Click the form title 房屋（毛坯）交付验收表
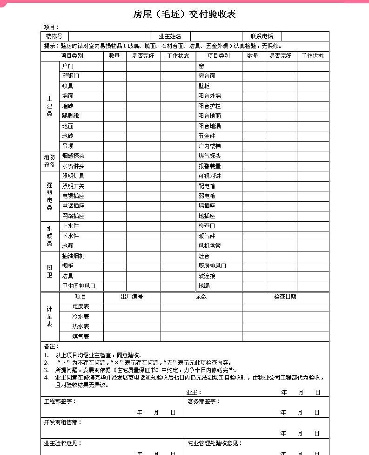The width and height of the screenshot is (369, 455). pyautogui.click(x=184, y=14)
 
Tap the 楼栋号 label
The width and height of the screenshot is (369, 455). pyautogui.click(x=54, y=36)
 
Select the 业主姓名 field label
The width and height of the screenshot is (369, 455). pyautogui.click(x=170, y=36)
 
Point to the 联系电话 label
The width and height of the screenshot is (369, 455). pyautogui.click(x=262, y=36)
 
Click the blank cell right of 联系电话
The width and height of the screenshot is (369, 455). pyautogui.click(x=305, y=36)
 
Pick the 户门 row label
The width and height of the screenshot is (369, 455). pyautogui.click(x=68, y=66)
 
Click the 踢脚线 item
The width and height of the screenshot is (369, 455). pyautogui.click(x=71, y=116)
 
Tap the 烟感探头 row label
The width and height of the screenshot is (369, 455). pyautogui.click(x=74, y=156)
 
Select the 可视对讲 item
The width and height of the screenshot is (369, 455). pyautogui.click(x=209, y=176)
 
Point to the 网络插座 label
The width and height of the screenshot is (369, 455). pyautogui.click(x=74, y=216)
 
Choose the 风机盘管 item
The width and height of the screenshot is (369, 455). pyautogui.click(x=209, y=246)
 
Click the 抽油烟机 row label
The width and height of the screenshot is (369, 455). pyautogui.click(x=74, y=256)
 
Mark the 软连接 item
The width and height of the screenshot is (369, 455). pyautogui.click(x=207, y=276)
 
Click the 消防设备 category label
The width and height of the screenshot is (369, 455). pyautogui.click(x=49, y=161)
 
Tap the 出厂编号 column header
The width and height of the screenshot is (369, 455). pyautogui.click(x=132, y=297)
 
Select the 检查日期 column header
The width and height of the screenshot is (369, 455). pyautogui.click(x=285, y=297)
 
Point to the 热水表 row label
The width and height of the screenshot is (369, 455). pyautogui.click(x=81, y=326)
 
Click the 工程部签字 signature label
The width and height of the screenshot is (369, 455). pyautogui.click(x=60, y=401)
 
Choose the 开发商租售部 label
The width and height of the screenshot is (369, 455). pyautogui.click(x=63, y=422)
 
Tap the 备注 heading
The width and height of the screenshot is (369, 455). pyautogui.click(x=51, y=346)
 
